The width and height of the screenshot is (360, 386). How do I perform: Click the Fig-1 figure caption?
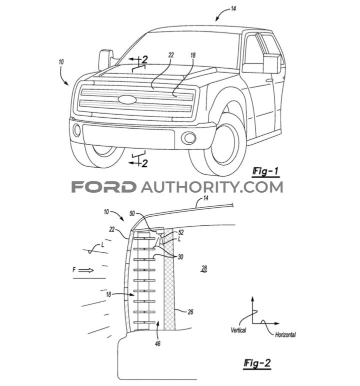(264, 172)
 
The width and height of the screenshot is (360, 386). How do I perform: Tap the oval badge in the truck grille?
(127, 99)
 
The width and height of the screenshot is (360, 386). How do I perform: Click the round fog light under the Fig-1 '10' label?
(76, 131)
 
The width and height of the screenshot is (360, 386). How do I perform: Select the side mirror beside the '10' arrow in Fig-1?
(105, 59)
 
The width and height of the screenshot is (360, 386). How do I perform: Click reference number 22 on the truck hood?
(171, 56)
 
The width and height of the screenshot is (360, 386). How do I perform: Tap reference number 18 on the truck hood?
(193, 56)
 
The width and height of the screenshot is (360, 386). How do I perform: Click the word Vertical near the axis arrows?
(238, 330)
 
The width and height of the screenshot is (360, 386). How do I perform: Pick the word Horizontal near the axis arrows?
(285, 334)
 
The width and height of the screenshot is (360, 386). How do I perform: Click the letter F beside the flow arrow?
(74, 270)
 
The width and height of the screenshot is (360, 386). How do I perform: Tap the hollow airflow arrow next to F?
(85, 270)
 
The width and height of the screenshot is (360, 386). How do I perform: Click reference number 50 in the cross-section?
(132, 213)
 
